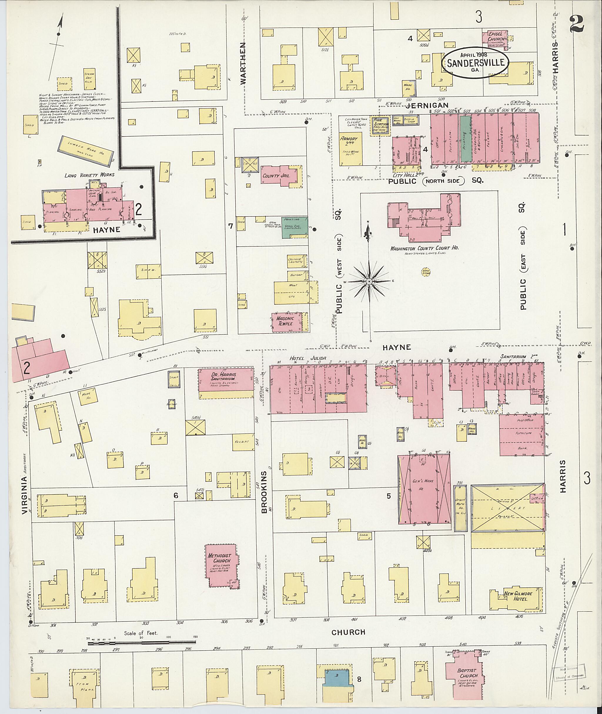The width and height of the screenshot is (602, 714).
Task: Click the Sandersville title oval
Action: coord(475,62)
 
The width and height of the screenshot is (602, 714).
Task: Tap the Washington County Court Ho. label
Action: coord(424,248)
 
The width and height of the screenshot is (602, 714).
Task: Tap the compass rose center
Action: coord(369,281)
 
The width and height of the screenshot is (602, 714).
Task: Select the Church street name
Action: coord(348,632)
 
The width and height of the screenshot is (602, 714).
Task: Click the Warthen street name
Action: coord(243,63)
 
